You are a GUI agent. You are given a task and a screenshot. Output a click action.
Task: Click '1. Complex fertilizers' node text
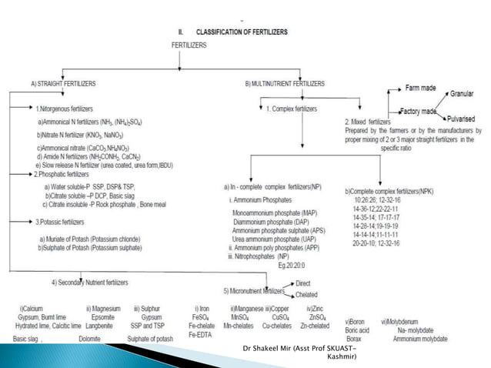(x=291, y=109)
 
